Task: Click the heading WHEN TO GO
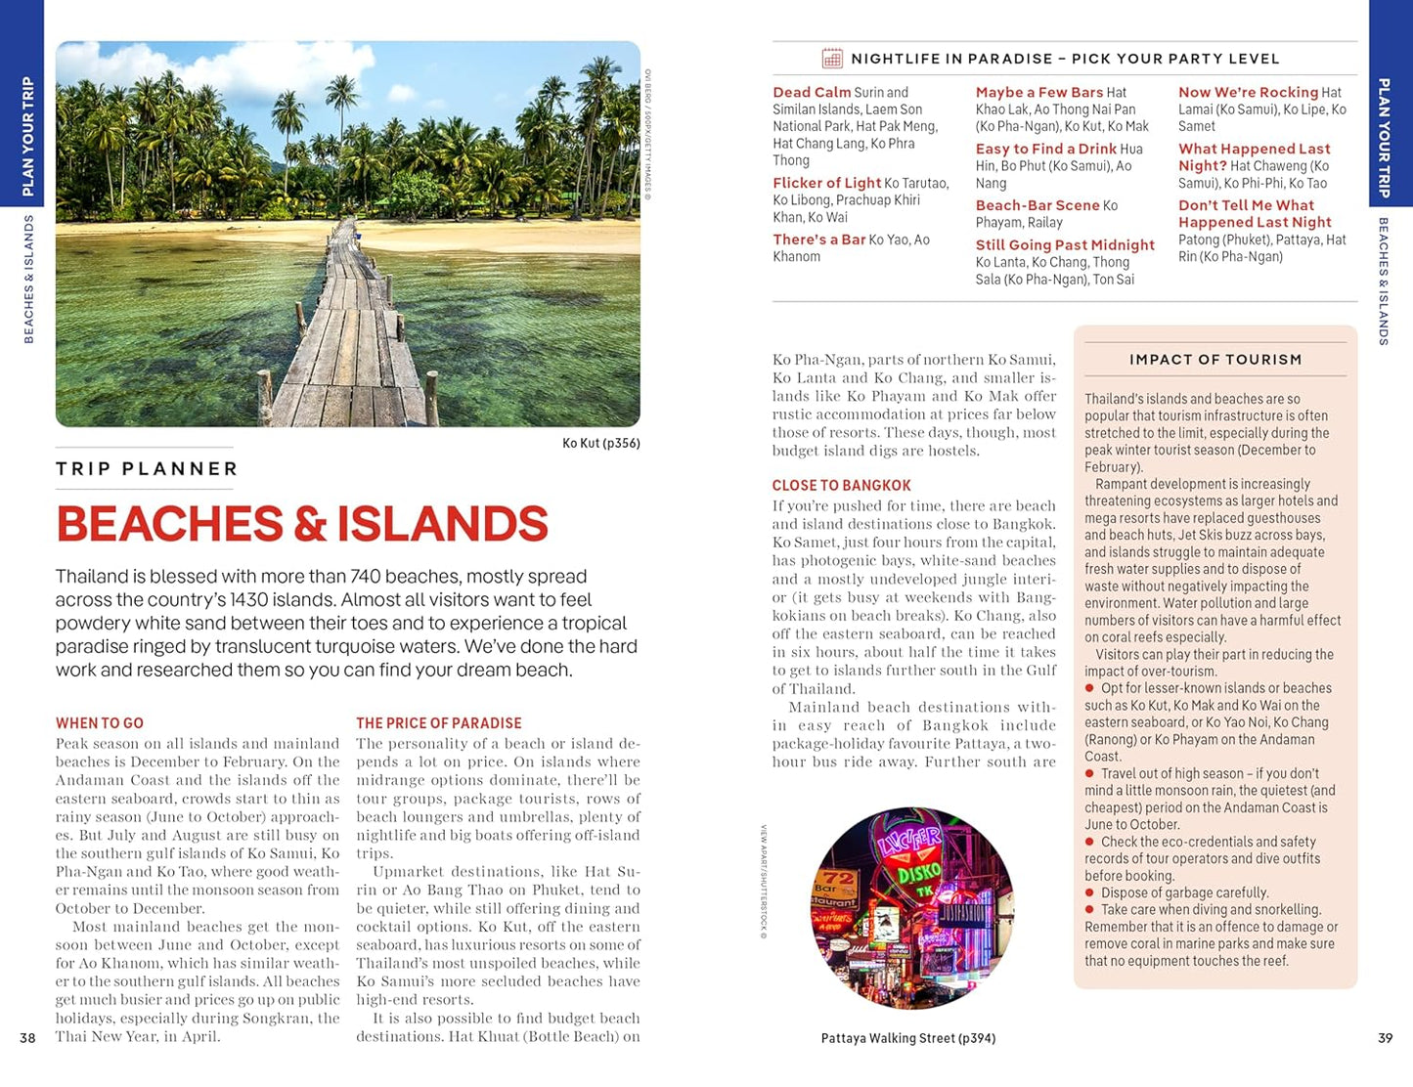click(100, 723)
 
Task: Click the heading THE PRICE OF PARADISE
click(438, 723)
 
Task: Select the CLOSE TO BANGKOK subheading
click(841, 486)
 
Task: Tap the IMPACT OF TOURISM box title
click(1215, 360)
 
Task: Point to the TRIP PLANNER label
click(147, 469)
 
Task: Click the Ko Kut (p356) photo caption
click(600, 444)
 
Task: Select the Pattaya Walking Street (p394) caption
click(907, 1038)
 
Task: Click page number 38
click(27, 1038)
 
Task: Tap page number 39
click(1385, 1038)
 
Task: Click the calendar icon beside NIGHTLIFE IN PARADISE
click(832, 59)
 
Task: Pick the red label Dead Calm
click(812, 93)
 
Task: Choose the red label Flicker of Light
click(826, 183)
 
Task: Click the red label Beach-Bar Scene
click(1037, 205)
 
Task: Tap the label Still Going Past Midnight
click(1065, 245)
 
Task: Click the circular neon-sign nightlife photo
click(911, 908)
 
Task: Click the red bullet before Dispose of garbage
click(1089, 893)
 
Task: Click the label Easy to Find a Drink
click(1045, 150)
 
